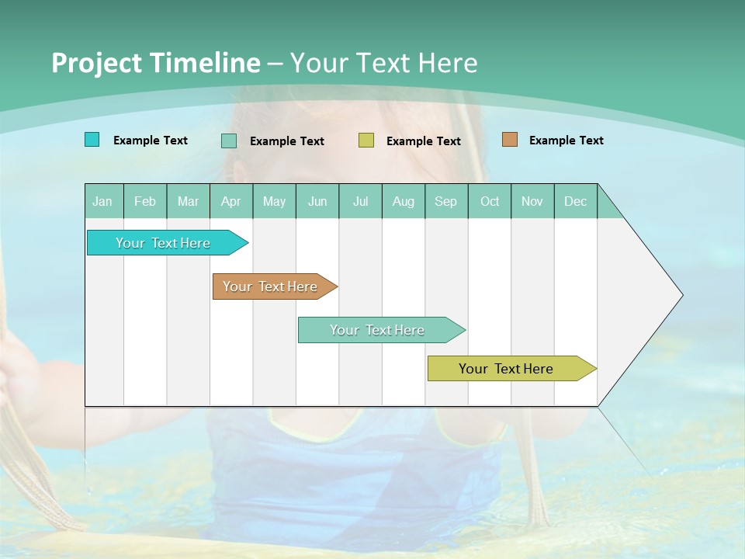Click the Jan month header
[103, 201]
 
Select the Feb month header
[145, 201]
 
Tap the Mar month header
[188, 201]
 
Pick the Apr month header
[231, 201]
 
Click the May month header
[274, 201]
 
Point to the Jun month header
[317, 201]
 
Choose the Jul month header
[360, 201]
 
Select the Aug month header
[404, 201]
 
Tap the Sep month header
[446, 201]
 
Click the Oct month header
[490, 201]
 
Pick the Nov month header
[532, 201]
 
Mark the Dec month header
[576, 201]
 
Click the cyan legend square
[92, 140]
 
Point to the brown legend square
[510, 140]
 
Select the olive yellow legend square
[366, 141]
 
